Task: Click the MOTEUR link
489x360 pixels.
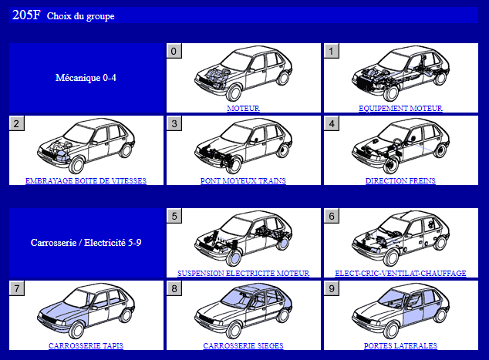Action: coord(243,108)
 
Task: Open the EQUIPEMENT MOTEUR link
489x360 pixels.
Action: coord(400,108)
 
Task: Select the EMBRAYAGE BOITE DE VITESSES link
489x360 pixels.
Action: coord(86,180)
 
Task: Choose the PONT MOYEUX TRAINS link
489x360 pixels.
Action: coord(243,180)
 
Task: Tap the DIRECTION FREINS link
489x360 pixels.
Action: coord(400,180)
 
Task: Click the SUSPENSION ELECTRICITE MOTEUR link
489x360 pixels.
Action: coord(243,273)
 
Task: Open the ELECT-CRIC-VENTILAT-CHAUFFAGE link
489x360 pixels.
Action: coord(400,273)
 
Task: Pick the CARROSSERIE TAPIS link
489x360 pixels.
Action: coord(86,345)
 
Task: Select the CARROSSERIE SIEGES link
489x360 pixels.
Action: coord(243,345)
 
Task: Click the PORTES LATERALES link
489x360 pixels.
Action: coord(400,345)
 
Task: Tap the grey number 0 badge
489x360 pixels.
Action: coord(174,51)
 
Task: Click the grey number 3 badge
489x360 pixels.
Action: coord(174,123)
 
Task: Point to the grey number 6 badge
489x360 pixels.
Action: coord(332,216)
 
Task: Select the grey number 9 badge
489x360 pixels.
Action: coord(332,288)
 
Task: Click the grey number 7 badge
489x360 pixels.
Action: coord(17,288)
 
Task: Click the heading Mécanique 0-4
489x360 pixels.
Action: coord(86,78)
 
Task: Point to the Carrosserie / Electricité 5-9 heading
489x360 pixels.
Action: coord(86,243)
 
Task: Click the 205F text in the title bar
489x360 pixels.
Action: coord(26,15)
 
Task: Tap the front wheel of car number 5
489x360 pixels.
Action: coord(234,257)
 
